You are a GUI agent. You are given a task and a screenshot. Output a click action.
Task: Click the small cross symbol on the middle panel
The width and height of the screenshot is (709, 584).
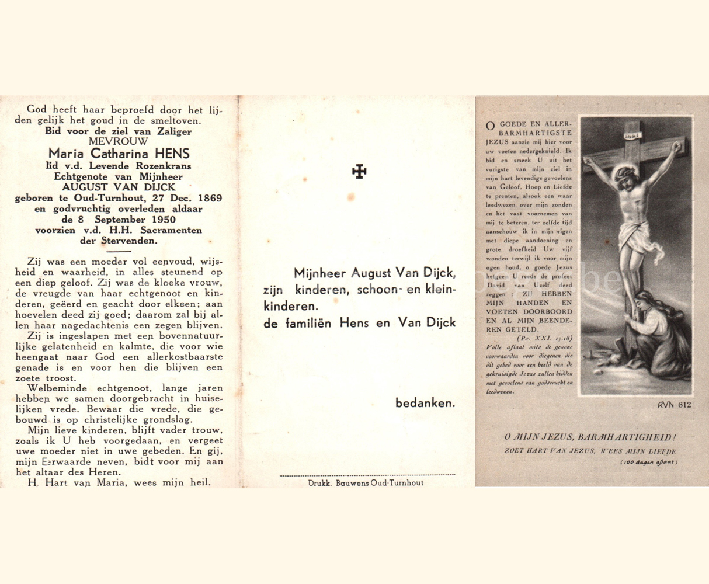[x=359, y=172]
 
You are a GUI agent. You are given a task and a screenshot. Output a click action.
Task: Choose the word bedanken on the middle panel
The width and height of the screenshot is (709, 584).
[x=425, y=403]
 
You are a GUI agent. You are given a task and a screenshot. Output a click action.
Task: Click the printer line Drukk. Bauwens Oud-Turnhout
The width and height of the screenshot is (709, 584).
[x=366, y=483]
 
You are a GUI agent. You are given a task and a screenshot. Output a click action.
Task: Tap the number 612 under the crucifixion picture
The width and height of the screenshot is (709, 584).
[x=684, y=405]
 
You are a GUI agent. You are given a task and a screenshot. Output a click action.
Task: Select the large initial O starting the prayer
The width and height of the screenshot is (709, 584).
[x=489, y=126]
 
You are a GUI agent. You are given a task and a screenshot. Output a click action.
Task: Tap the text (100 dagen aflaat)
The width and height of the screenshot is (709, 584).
[x=649, y=462]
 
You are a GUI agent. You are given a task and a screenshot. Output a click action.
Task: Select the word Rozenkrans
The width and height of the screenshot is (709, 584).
[x=166, y=166]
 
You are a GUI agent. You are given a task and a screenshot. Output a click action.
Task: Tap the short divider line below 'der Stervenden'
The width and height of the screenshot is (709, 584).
[x=119, y=251]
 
